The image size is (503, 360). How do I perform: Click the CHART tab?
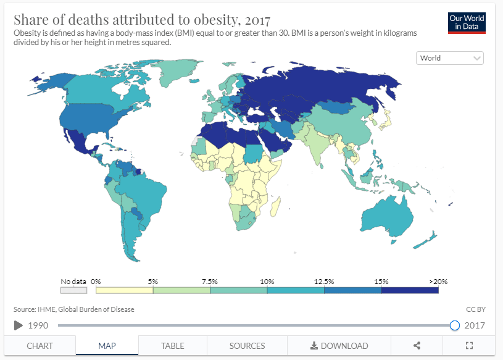[x=39, y=346]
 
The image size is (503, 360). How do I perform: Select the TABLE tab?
[x=173, y=346]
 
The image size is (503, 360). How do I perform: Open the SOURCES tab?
[x=247, y=346]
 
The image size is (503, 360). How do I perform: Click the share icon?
[x=417, y=346]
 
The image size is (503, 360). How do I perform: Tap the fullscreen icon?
[x=468, y=346]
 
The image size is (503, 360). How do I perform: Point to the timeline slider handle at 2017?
[x=455, y=325]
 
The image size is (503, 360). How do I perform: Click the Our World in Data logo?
[x=467, y=23]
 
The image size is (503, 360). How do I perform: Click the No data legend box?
[x=73, y=290]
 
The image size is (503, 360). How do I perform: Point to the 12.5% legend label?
[x=324, y=282]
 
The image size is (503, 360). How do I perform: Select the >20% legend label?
[x=438, y=282]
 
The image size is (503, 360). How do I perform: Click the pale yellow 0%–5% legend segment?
[x=124, y=290]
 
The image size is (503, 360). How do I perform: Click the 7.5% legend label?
[x=210, y=282]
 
